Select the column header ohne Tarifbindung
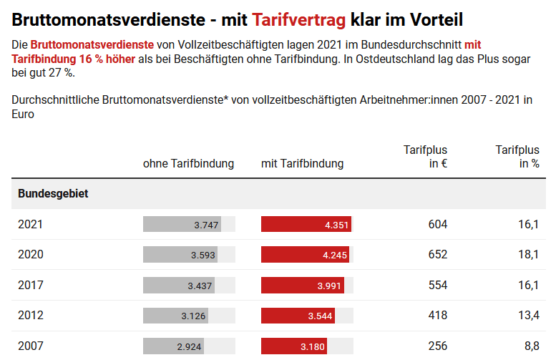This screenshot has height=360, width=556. pos(188,163)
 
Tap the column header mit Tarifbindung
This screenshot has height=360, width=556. pos(302,163)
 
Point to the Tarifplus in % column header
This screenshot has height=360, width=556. pos(517,156)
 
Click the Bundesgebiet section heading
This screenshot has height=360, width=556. pos(53,194)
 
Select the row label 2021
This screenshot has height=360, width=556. pos(31,225)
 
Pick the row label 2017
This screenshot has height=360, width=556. pos(31,286)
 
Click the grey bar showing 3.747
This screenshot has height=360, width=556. pos(182,225)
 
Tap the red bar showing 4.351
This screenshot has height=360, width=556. pos(306,225)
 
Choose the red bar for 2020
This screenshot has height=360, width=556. pos(305,255)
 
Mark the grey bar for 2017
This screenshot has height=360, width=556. pos(179,286)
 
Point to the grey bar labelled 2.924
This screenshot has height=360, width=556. pos(174,346)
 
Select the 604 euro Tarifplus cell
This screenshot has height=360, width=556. pos(437,225)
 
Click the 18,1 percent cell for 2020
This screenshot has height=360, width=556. pos(530,255)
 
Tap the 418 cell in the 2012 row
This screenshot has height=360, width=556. pos(437,316)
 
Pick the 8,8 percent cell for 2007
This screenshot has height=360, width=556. pos(532,346)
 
